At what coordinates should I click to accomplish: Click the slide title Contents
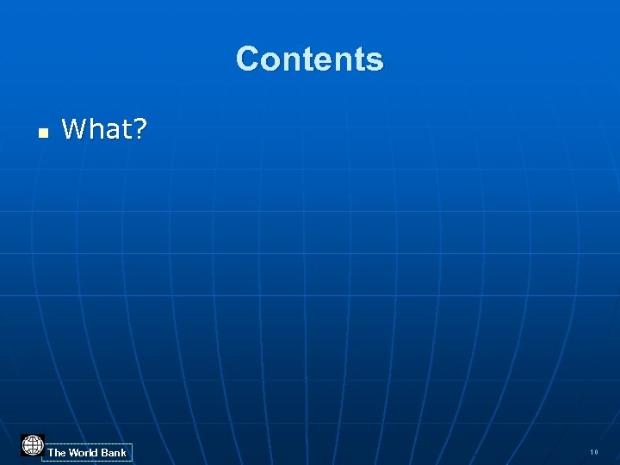click(x=309, y=59)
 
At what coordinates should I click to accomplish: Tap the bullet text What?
click(x=104, y=130)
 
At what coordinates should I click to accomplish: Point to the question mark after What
click(x=139, y=130)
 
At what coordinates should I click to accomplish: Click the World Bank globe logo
click(x=33, y=445)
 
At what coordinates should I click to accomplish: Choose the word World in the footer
click(x=84, y=452)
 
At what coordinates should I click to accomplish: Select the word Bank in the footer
click(x=114, y=452)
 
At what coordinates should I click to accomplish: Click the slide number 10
click(x=594, y=452)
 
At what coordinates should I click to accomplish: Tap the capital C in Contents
click(x=248, y=59)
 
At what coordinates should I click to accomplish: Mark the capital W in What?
click(x=75, y=130)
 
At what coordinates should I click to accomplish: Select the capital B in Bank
click(x=105, y=452)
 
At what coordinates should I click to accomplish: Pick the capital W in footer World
click(x=73, y=452)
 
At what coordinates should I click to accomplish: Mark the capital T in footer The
click(x=51, y=452)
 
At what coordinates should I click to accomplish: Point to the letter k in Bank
click(x=123, y=452)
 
